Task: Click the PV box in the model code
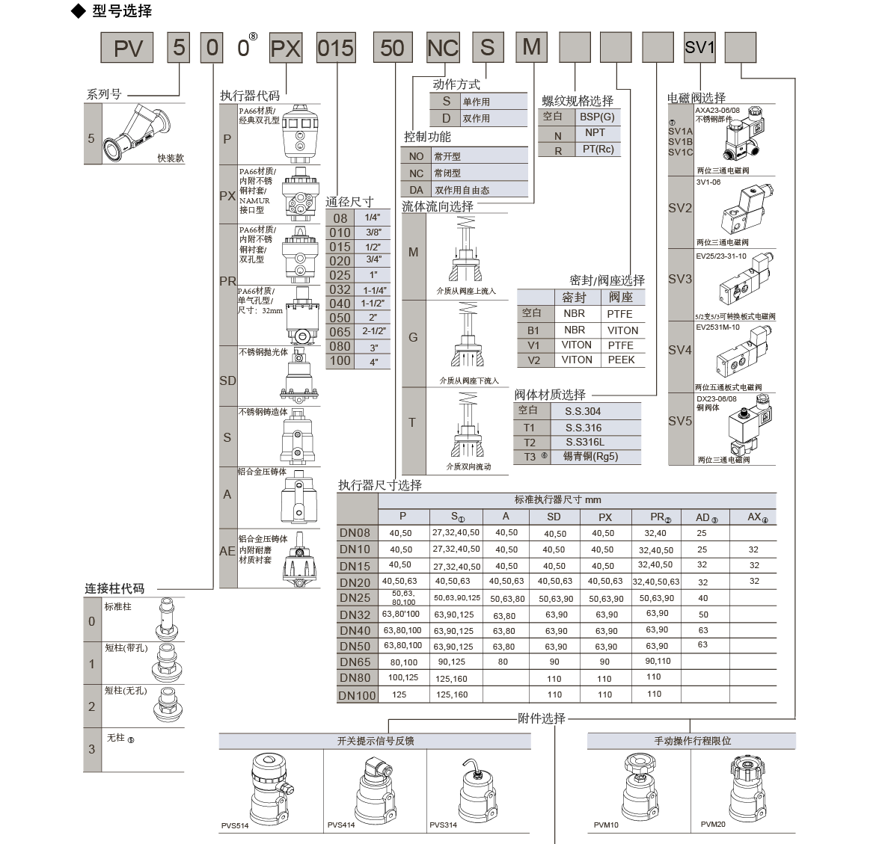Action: [x=128, y=48]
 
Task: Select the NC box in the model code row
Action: [x=442, y=48]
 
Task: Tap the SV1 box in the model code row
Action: [x=700, y=48]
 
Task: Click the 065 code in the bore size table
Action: [x=340, y=332]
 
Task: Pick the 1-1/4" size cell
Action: [x=374, y=290]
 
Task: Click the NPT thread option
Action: [x=595, y=133]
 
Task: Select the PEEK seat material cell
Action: [x=621, y=360]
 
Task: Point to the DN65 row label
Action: [x=355, y=662]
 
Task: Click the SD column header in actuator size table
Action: [x=554, y=517]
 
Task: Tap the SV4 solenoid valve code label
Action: [x=680, y=350]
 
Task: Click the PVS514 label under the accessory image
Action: [x=235, y=825]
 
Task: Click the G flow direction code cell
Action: [x=413, y=338]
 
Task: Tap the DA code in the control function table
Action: [x=416, y=190]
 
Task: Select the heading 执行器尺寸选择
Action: [x=380, y=485]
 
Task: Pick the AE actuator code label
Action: [x=227, y=551]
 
